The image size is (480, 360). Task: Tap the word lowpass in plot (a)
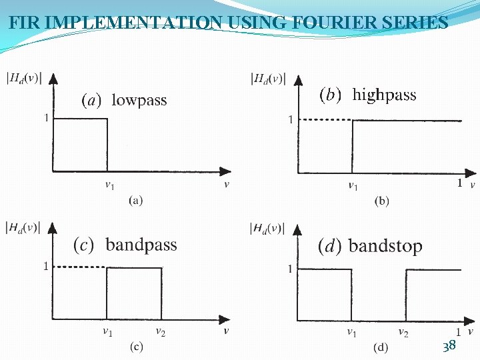[x=139, y=101]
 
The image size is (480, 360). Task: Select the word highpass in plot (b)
[x=384, y=95]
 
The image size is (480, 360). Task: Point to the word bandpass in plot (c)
[x=141, y=245]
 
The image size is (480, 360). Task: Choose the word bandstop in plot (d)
[x=385, y=246]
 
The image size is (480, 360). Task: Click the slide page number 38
[x=449, y=345]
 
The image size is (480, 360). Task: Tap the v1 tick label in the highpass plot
[x=353, y=186]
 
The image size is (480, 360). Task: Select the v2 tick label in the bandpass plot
[x=161, y=331]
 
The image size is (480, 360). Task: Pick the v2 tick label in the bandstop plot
[x=403, y=331]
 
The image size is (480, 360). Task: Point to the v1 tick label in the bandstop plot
[x=351, y=331]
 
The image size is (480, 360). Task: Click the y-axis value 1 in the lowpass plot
[x=46, y=118]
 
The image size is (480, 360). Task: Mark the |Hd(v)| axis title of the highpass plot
[x=268, y=79]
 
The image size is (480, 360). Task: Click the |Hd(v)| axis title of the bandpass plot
[x=23, y=228]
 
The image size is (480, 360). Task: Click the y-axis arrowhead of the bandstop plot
[x=297, y=225]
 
